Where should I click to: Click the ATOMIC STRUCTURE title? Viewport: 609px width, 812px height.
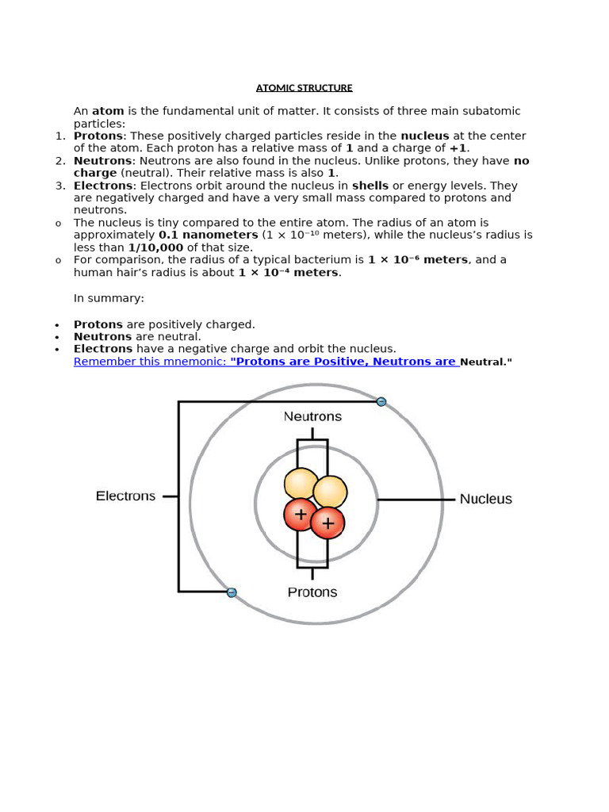pyautogui.click(x=304, y=88)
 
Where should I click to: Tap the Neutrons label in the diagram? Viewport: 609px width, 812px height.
pyautogui.click(x=312, y=416)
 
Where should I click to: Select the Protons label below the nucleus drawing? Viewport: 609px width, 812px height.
pyautogui.click(x=312, y=592)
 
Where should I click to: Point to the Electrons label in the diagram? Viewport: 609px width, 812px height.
pyautogui.click(x=125, y=496)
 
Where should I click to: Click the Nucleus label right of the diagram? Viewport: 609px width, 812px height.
pyautogui.click(x=485, y=500)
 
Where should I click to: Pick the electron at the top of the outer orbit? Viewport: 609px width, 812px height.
pyautogui.click(x=381, y=402)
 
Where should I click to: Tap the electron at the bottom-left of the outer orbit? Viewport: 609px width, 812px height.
pyautogui.click(x=232, y=592)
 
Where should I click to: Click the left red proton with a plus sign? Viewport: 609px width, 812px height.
pyautogui.click(x=300, y=515)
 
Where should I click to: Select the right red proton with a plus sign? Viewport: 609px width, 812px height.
pyautogui.click(x=327, y=523)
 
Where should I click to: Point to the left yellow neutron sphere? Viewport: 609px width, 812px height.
pyautogui.click(x=301, y=485)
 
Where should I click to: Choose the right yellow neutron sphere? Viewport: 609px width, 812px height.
pyautogui.click(x=331, y=492)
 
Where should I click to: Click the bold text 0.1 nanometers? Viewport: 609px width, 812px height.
pyautogui.click(x=208, y=236)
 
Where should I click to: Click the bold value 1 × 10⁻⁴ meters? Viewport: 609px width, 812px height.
pyautogui.click(x=289, y=273)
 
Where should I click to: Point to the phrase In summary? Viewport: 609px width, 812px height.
pyautogui.click(x=109, y=299)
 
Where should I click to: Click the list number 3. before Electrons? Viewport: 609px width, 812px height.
pyautogui.click(x=60, y=186)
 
